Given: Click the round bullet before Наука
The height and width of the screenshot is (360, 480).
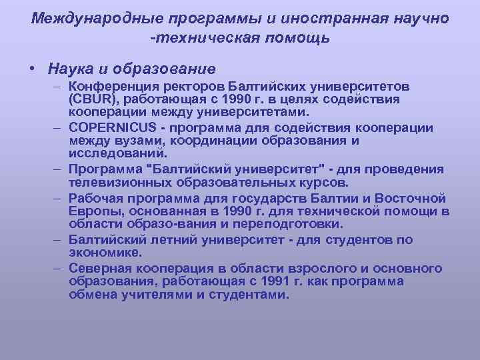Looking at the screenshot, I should click(x=33, y=69).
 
